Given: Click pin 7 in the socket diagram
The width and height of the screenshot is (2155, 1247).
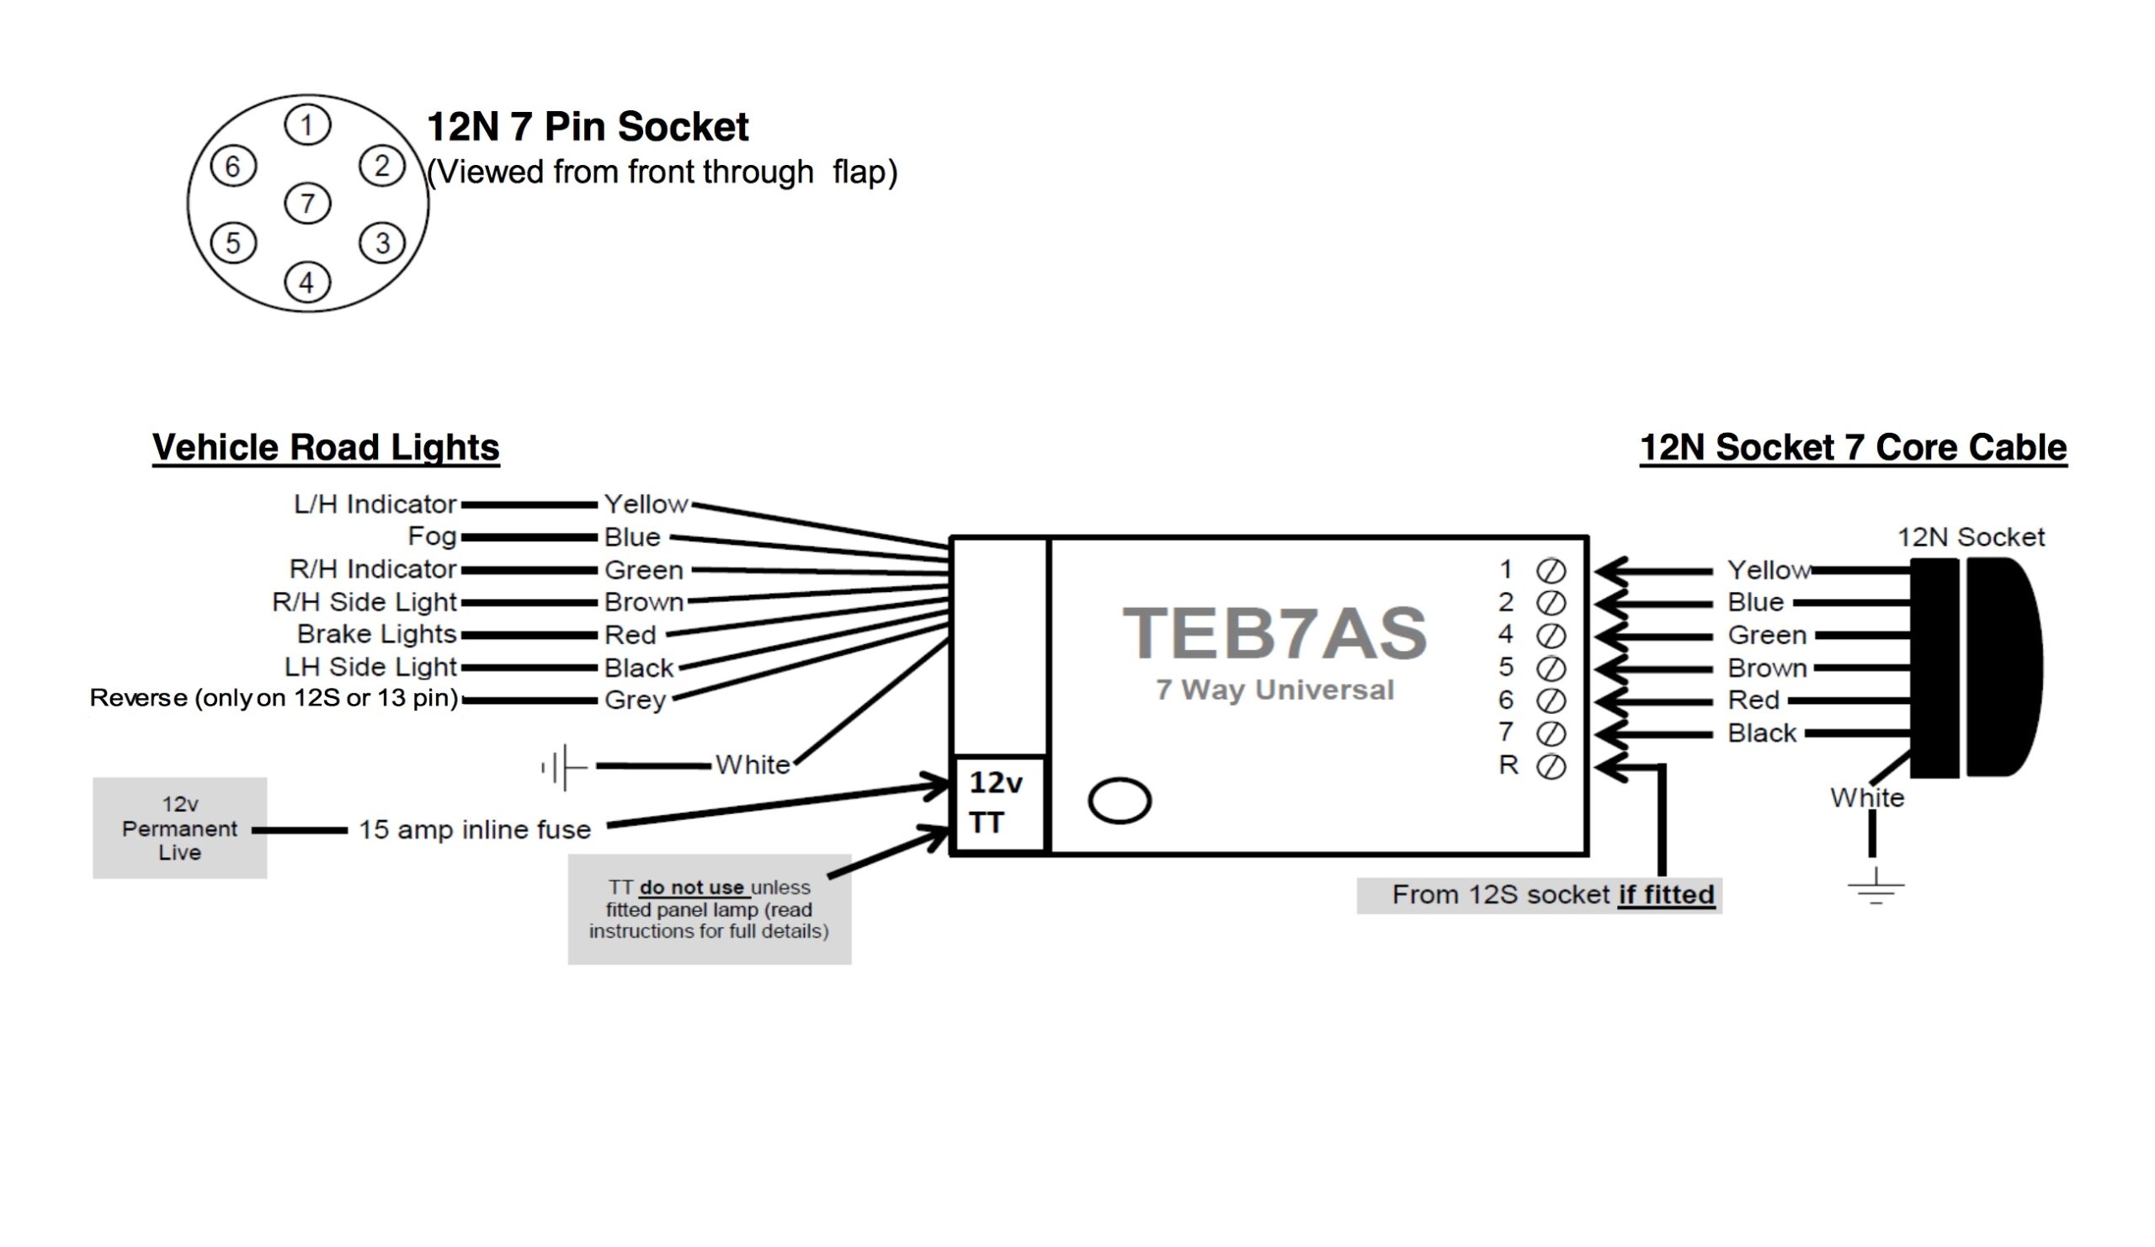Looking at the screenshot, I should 307,204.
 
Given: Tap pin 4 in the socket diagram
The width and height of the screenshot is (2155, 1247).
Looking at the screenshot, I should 307,282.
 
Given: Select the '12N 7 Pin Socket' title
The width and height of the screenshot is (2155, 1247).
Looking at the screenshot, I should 587,126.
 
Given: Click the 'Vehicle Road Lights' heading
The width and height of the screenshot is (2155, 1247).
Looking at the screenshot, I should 325,447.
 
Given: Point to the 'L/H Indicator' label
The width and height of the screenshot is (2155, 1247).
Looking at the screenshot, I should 375,504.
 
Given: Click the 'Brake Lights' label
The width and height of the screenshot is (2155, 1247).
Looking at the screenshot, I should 376,634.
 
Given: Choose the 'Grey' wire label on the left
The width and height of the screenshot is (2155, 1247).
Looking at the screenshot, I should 635,700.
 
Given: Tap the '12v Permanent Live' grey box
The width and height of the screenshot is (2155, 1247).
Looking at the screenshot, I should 179,828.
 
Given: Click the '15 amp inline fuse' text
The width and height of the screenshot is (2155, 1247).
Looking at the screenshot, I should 475,829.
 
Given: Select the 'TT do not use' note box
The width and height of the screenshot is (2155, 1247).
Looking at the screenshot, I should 709,909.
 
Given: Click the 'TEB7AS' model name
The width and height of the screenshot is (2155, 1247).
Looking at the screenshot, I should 1274,633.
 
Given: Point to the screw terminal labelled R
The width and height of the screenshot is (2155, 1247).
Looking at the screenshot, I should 1551,766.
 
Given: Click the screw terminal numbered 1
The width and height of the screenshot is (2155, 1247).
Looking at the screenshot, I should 1551,571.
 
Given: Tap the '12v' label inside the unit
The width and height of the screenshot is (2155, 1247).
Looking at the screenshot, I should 995,781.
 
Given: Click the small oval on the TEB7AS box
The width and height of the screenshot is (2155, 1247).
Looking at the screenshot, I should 1120,801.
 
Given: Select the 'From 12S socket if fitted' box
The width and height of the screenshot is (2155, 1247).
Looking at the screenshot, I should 1539,895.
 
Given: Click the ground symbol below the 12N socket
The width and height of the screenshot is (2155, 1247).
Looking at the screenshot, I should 1876,887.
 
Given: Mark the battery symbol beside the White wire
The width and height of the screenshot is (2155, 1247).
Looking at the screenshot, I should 562,766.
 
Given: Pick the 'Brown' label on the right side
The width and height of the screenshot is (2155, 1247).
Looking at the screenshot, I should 1767,668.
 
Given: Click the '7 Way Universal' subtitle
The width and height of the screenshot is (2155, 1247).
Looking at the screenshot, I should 1274,690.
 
